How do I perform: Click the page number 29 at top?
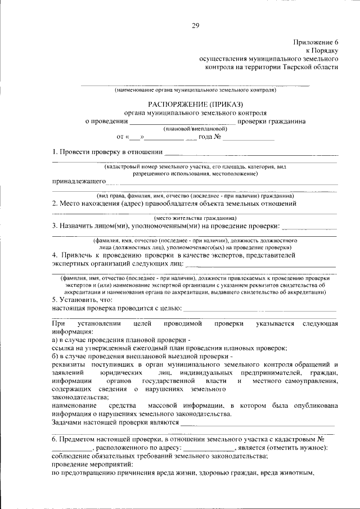pyautogui.click(x=195, y=25)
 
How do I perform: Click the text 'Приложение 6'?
pyautogui.click(x=316, y=42)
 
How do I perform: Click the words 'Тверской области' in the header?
pyautogui.click(x=310, y=66)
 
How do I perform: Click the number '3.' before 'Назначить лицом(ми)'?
pyautogui.click(x=55, y=226)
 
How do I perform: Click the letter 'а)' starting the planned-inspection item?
pyautogui.click(x=56, y=341)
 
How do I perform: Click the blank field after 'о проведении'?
pyautogui.click(x=183, y=120)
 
